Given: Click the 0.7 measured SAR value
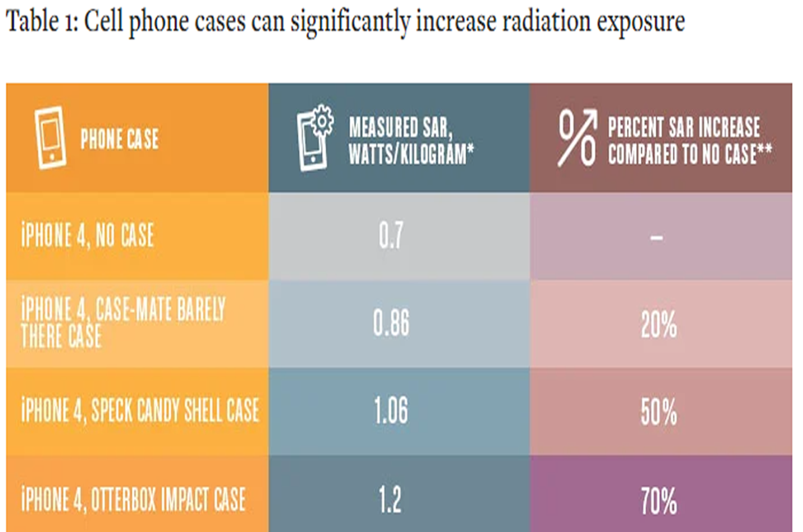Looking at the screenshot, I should tap(391, 235).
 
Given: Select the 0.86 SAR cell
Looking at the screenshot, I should tap(391, 323).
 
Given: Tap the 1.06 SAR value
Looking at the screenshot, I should tap(391, 411).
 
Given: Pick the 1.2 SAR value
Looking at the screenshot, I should tap(390, 499).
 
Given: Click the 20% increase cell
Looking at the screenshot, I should tap(659, 325).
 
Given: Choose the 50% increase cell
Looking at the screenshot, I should tap(659, 412).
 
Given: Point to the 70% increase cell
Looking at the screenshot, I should tap(659, 500).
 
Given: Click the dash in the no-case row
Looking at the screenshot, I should tap(657, 238).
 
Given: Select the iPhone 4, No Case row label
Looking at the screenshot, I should tap(88, 235).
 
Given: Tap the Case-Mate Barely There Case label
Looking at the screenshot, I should tap(123, 322).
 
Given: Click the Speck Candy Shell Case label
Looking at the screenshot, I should tap(140, 410).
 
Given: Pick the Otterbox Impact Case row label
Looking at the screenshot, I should tap(133, 499).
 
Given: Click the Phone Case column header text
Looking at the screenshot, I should tap(119, 139).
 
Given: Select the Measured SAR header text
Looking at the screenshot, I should tap(411, 141).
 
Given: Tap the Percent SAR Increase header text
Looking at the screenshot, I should tap(689, 141).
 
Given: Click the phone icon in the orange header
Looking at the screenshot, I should tap(50, 138).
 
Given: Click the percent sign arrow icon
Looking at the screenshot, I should tap(577, 137).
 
